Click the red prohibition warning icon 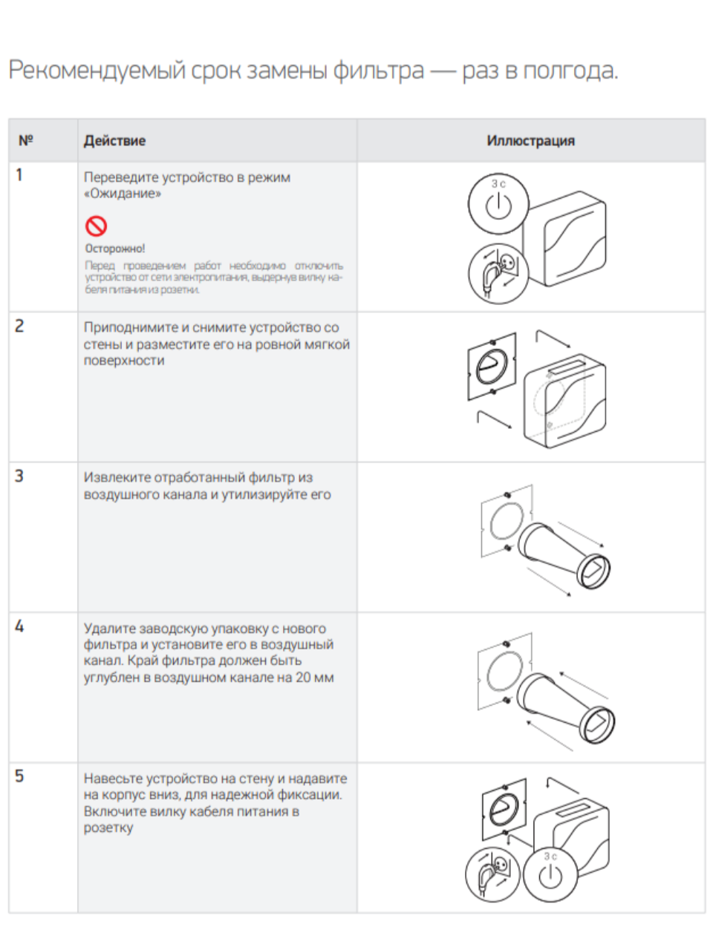(96, 226)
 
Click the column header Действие (114, 141)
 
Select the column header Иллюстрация (530, 141)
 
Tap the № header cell (26, 140)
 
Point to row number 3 (19, 476)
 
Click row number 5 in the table (19, 776)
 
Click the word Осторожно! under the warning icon (115, 249)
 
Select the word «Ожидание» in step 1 (123, 194)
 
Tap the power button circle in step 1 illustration (498, 203)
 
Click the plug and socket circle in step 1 (498, 273)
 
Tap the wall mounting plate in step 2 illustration (491, 364)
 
